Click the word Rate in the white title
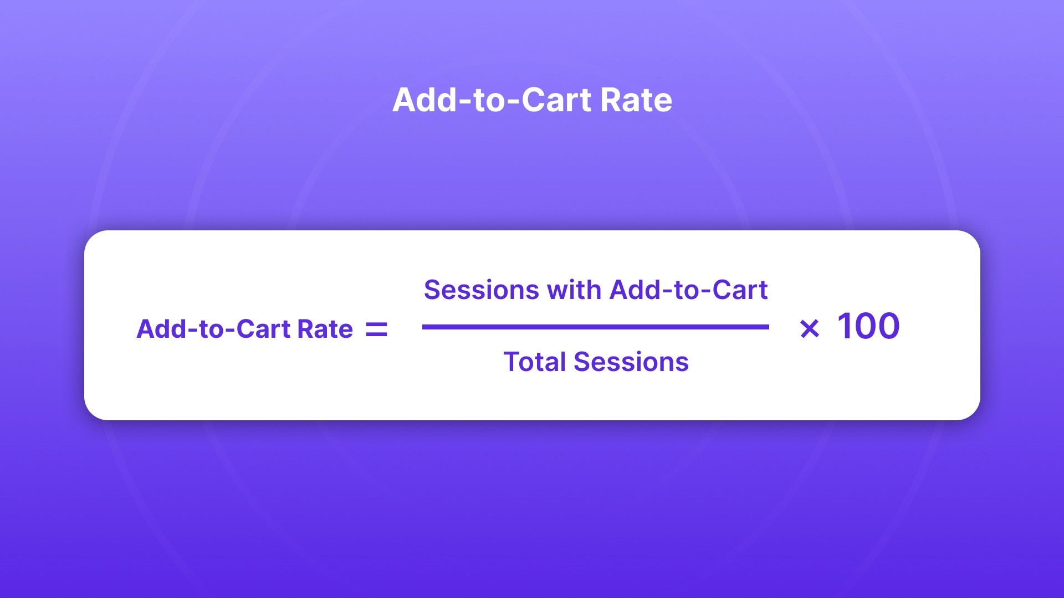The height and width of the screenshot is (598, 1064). coord(636,100)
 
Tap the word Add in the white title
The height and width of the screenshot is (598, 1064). coord(423,100)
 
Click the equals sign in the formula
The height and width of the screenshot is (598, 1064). coord(376,330)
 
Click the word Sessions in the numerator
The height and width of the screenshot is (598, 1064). coord(481,290)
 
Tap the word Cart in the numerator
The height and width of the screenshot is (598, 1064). coord(739,290)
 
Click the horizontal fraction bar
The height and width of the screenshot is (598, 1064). coord(595,327)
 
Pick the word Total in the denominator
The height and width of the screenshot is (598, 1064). coord(534,362)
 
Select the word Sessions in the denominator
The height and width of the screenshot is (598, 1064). coord(631,362)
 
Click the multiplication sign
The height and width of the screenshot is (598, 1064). coord(810,329)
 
